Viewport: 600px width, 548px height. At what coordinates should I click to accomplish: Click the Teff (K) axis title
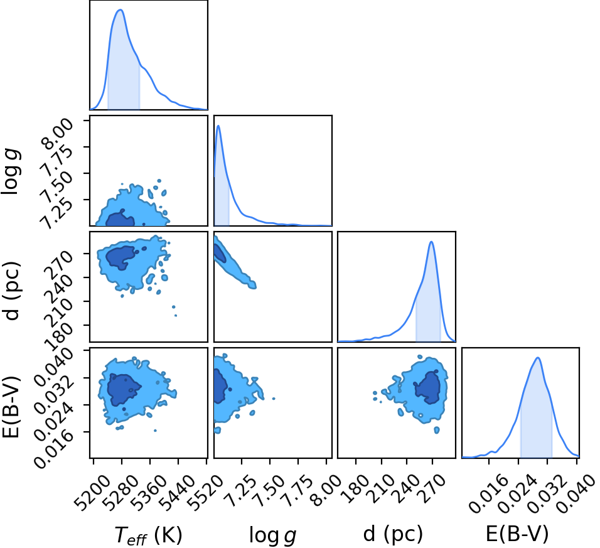point(149,535)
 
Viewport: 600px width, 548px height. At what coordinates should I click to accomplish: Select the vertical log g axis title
point(11,171)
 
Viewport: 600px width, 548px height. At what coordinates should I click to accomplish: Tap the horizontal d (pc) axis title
point(393,534)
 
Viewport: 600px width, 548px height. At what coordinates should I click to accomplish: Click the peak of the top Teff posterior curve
point(121,10)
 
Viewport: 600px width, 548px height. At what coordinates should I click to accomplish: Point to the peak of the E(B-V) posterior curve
point(538,358)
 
